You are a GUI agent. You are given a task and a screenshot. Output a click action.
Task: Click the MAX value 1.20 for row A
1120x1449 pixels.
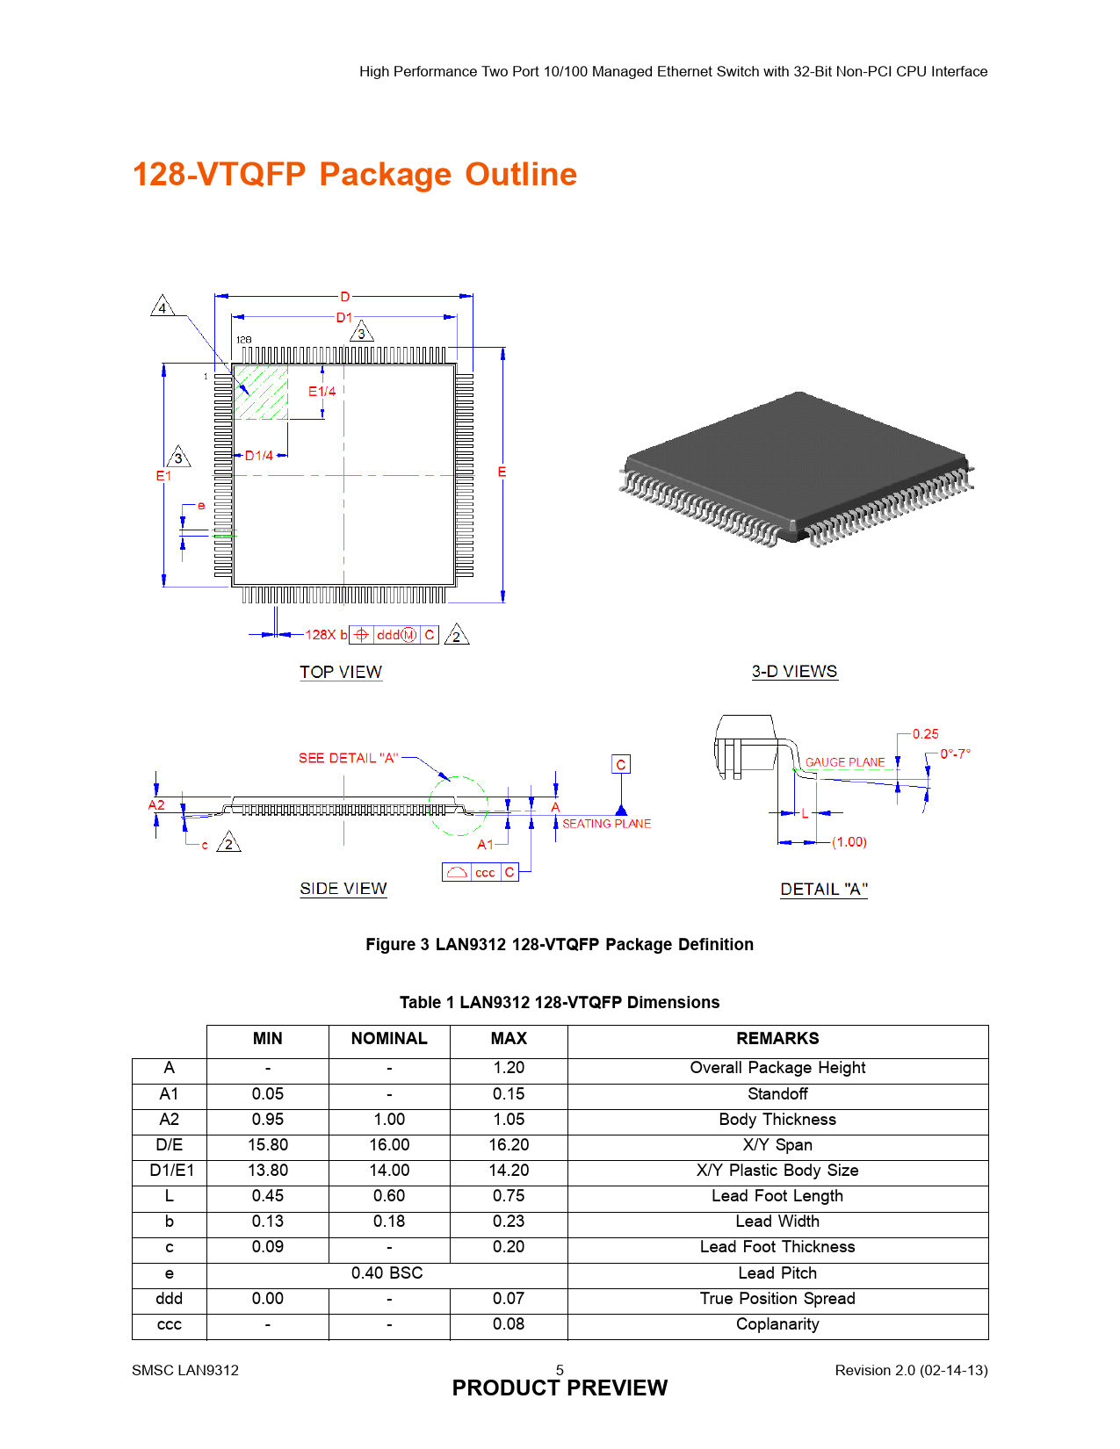509,1068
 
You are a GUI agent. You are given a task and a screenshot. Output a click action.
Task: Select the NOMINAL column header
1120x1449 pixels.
389,1038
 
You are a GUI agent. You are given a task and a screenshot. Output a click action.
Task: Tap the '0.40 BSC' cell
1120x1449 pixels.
387,1273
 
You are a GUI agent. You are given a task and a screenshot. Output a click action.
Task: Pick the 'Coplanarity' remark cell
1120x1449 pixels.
777,1324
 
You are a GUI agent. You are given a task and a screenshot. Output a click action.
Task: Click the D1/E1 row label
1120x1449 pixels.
171,1171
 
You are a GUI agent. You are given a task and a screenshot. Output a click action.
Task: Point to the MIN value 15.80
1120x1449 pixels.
268,1145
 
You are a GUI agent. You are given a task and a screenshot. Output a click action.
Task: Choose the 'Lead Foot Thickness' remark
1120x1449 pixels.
777,1247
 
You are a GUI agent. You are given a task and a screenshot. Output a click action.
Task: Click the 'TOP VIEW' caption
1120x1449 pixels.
340,672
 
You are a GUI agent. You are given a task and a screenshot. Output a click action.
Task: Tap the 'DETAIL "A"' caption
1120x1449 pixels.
824,889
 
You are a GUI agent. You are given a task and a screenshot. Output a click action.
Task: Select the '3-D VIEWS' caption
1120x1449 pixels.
794,671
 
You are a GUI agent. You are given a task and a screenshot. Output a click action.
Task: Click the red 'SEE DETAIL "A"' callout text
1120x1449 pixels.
348,758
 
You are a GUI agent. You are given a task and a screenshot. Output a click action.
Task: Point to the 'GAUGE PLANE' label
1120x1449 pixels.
844,761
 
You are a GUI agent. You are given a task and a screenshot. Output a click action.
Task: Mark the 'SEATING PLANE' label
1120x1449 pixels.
606,824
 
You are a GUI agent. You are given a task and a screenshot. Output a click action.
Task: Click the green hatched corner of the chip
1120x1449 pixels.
261,392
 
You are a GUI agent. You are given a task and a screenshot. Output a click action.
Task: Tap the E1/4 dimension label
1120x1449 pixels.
322,392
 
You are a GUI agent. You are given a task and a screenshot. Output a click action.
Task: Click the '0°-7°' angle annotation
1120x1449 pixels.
955,754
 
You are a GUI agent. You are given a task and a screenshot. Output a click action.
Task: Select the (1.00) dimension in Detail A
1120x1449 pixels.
849,842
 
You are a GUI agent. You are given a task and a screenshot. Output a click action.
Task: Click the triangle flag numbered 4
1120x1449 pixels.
163,306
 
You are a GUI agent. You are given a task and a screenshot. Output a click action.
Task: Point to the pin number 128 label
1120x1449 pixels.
243,339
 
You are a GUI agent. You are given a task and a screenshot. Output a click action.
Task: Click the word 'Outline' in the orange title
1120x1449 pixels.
521,174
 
